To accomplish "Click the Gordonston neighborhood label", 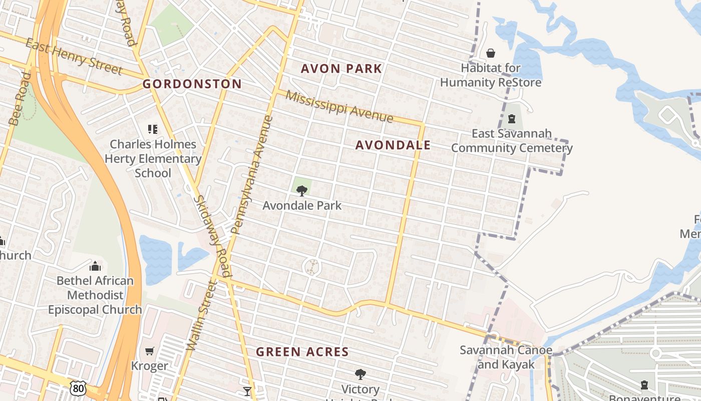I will [x=192, y=84].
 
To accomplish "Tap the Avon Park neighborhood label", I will [x=341, y=69].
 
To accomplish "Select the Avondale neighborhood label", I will [x=393, y=145].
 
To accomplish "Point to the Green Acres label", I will [x=302, y=352].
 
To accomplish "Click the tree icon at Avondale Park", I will [x=301, y=190].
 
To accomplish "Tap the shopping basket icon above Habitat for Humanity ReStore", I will [x=491, y=53].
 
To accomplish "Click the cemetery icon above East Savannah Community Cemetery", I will [x=512, y=119].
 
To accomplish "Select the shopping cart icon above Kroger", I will [x=149, y=351].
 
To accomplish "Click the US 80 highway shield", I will [x=78, y=387].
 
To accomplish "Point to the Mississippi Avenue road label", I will [x=339, y=106].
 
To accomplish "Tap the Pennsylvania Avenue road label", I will [x=253, y=175].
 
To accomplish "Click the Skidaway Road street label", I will [x=212, y=236].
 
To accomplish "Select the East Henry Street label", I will [x=74, y=57].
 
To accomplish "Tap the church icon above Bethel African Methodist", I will [x=95, y=266].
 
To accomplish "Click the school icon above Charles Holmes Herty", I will [x=153, y=129].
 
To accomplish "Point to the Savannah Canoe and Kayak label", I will [x=506, y=357].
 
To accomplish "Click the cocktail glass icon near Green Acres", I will [x=247, y=391].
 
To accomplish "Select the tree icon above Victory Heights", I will [x=360, y=374].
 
